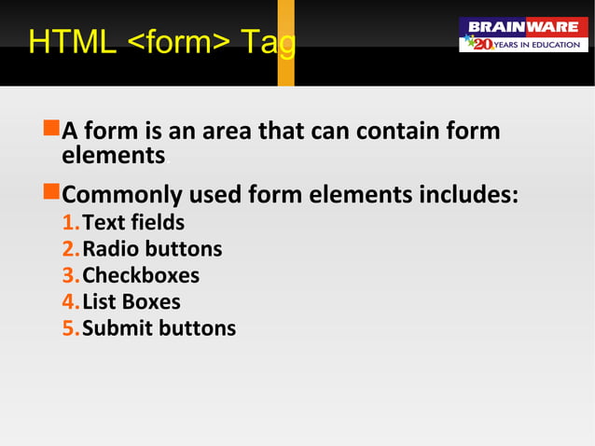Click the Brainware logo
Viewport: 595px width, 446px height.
523,35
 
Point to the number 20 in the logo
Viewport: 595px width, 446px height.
481,44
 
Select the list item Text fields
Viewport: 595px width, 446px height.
132,223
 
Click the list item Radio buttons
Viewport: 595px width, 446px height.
152,249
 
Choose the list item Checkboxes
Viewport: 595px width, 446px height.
141,275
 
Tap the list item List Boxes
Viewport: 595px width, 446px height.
131,301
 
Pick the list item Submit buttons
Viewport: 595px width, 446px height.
159,328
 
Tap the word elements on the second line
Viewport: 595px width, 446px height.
113,155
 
